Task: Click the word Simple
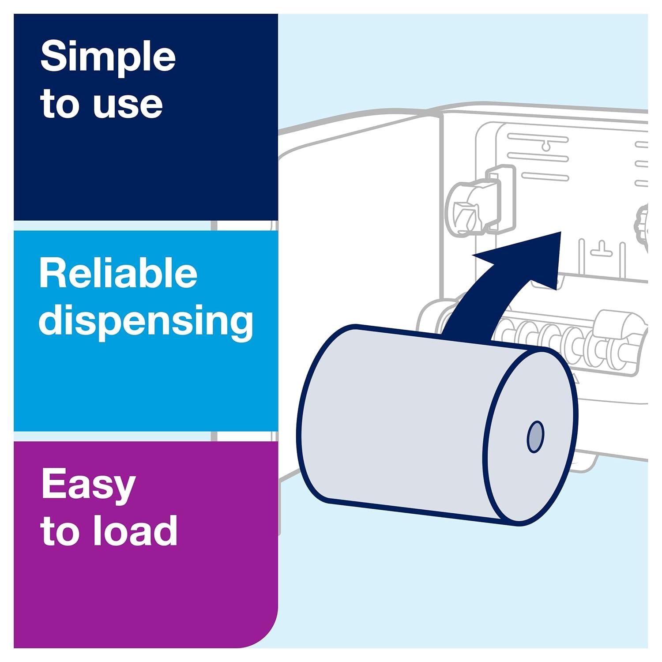pos(108,57)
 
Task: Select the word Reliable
pos(118,275)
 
